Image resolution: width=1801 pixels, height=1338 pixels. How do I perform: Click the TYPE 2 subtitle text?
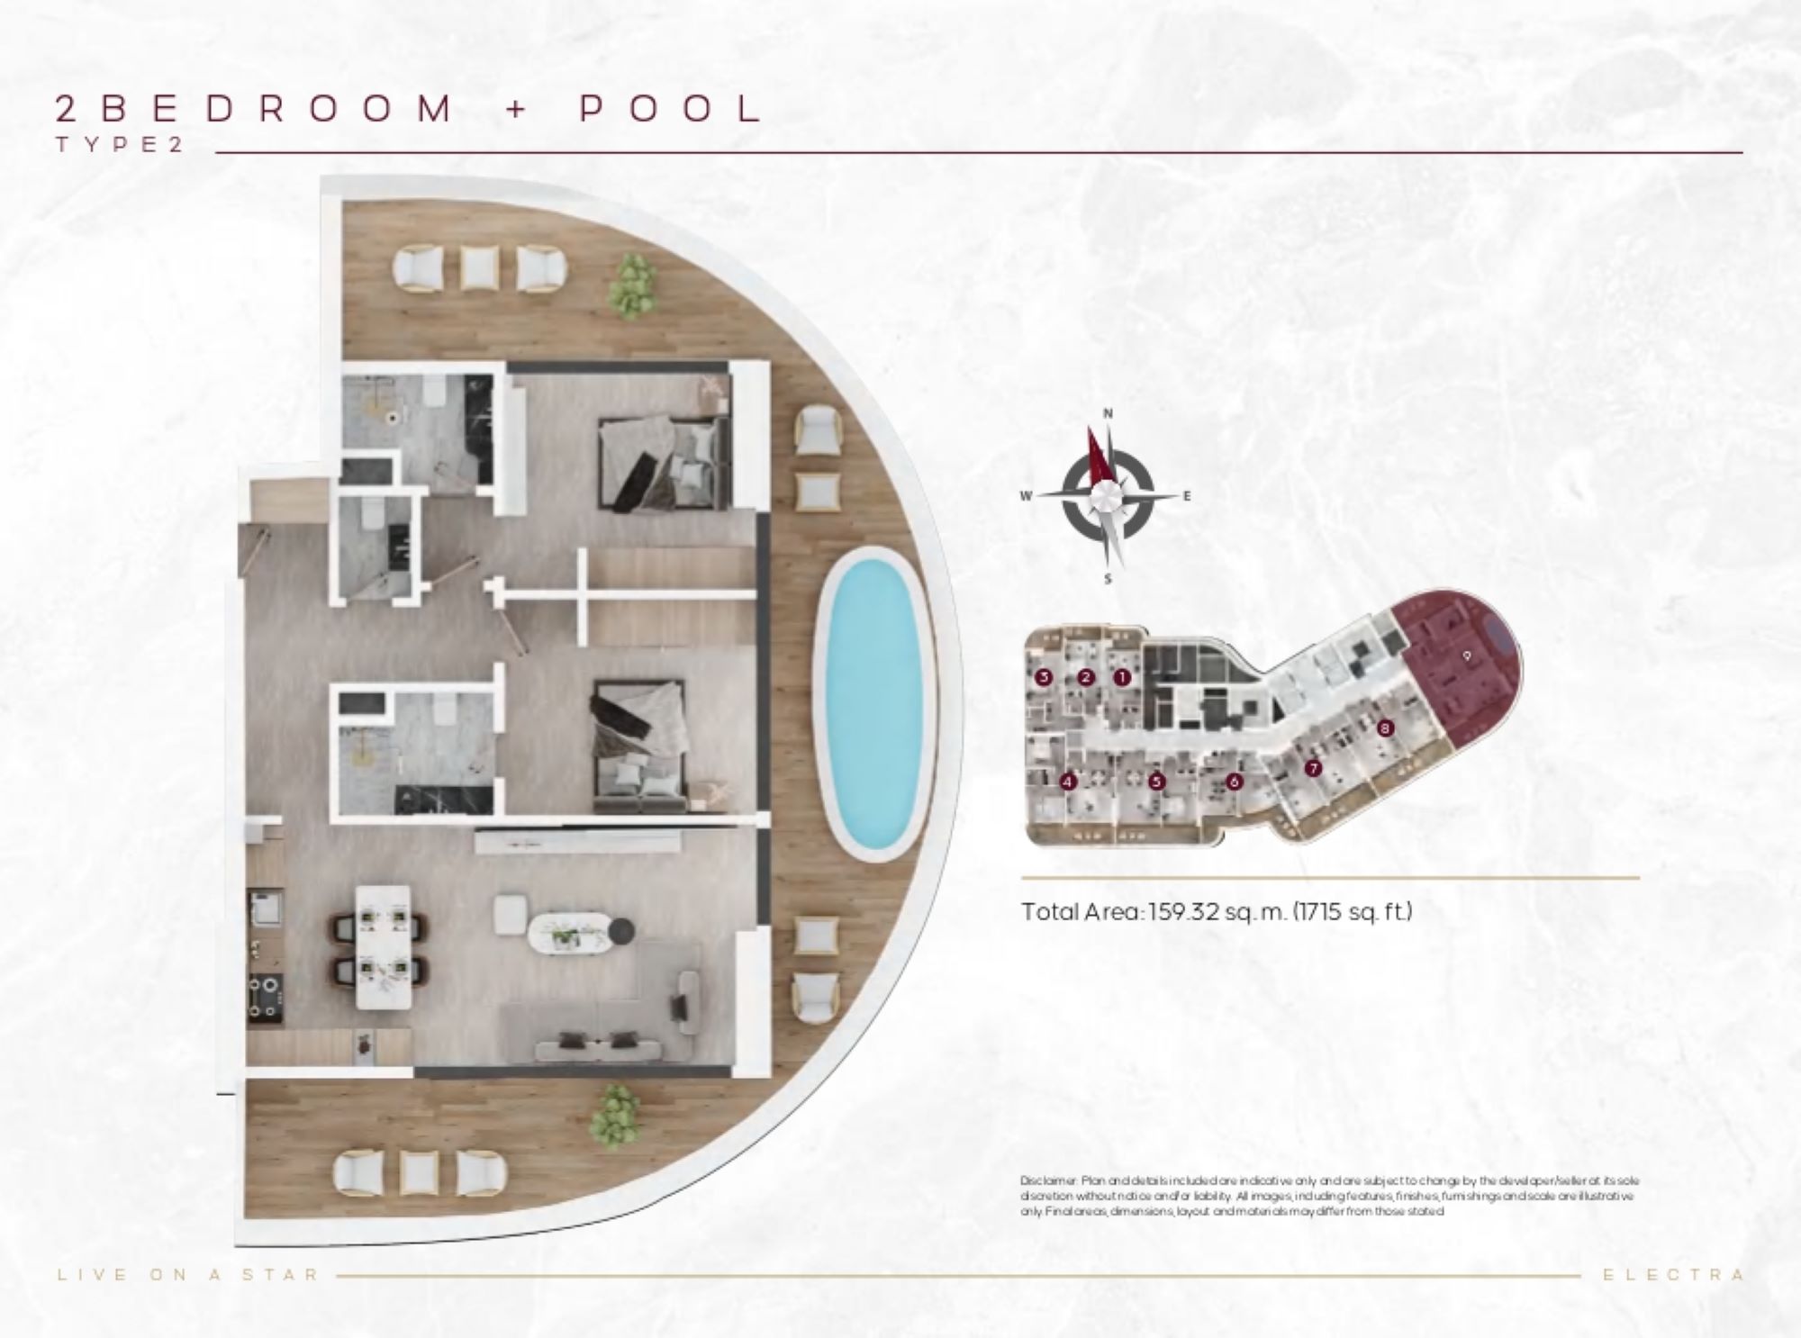pyautogui.click(x=120, y=145)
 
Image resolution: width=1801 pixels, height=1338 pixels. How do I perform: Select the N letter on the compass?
pyautogui.click(x=1109, y=413)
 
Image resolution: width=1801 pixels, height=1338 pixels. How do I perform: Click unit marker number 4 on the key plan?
pyautogui.click(x=1069, y=782)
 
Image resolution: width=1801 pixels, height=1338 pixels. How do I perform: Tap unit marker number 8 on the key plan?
pyautogui.click(x=1385, y=728)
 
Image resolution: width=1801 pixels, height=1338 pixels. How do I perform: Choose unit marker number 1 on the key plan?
pyautogui.click(x=1122, y=678)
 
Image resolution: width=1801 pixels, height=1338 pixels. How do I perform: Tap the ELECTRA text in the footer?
pyautogui.click(x=1675, y=1275)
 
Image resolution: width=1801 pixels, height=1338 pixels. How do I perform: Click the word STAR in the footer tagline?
pyautogui.click(x=281, y=1275)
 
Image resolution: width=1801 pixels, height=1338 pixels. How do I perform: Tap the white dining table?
pyautogui.click(x=384, y=946)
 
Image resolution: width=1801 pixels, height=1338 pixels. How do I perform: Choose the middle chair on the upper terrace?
pyautogui.click(x=480, y=267)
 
